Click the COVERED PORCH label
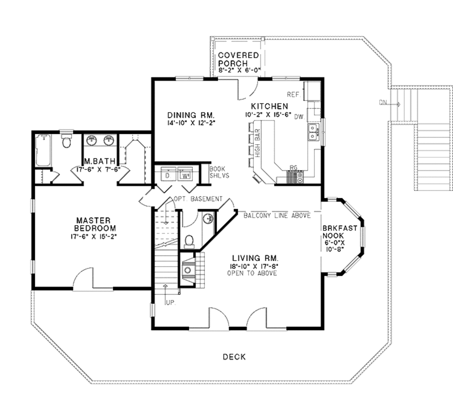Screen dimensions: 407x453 tap(238, 59)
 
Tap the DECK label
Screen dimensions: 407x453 tap(234, 357)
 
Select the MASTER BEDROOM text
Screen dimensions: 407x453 tap(95, 224)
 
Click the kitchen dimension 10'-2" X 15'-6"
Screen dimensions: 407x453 tap(270, 114)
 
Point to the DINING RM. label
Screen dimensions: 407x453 tap(191, 115)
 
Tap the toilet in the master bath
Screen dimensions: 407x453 tap(67, 141)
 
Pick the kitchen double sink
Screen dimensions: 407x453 tap(313, 131)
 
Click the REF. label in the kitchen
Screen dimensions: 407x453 tap(294, 94)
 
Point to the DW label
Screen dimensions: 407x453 tap(299, 116)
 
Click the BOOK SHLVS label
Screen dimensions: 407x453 tap(217, 172)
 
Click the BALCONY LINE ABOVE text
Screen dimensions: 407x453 tap(277, 215)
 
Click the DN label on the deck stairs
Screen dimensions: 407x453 tap(383, 103)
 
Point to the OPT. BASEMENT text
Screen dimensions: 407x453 tap(198, 199)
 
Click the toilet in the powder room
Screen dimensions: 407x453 tap(189, 240)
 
